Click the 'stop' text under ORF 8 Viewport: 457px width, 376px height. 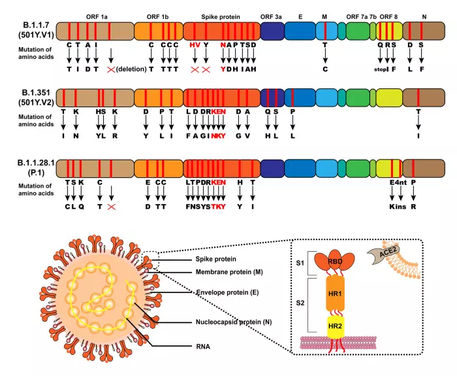381,69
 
